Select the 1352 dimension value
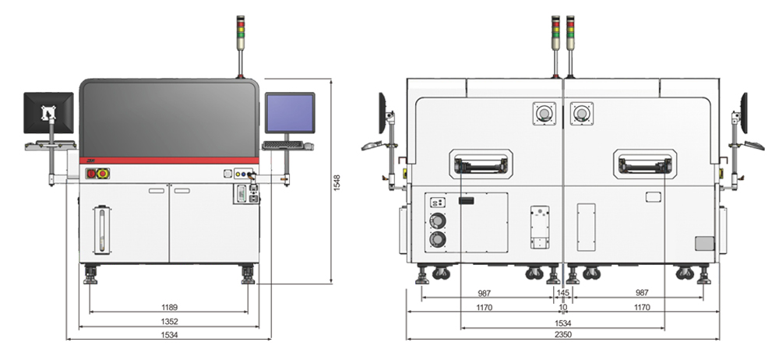point(169,320)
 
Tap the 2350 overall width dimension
point(562,335)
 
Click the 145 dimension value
point(562,293)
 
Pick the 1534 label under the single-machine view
point(169,335)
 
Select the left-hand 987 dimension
point(485,293)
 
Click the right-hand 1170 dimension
point(641,308)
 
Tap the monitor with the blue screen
point(289,114)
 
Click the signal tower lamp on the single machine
point(241,32)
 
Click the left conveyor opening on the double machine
point(481,164)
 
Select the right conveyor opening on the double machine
point(644,164)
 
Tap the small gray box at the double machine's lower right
point(704,243)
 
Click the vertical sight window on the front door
point(99,228)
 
